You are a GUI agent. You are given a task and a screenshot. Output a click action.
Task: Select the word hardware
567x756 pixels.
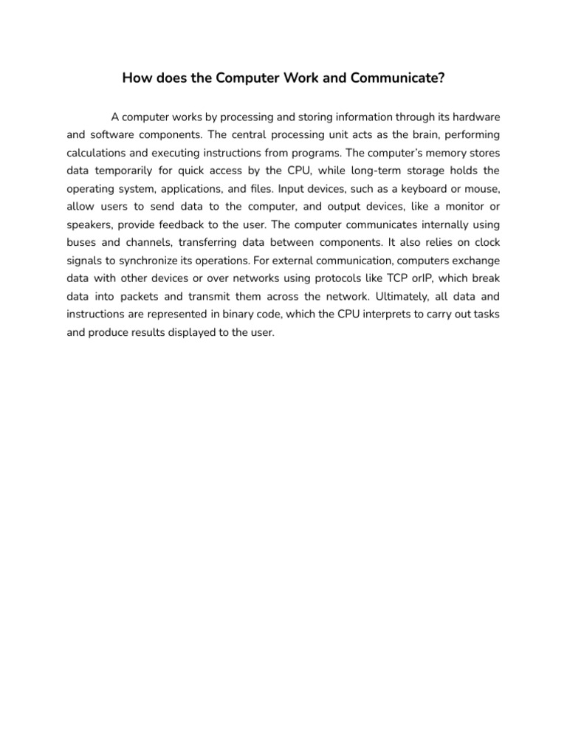click(467, 117)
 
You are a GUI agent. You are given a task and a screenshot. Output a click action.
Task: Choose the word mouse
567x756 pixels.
click(473, 189)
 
